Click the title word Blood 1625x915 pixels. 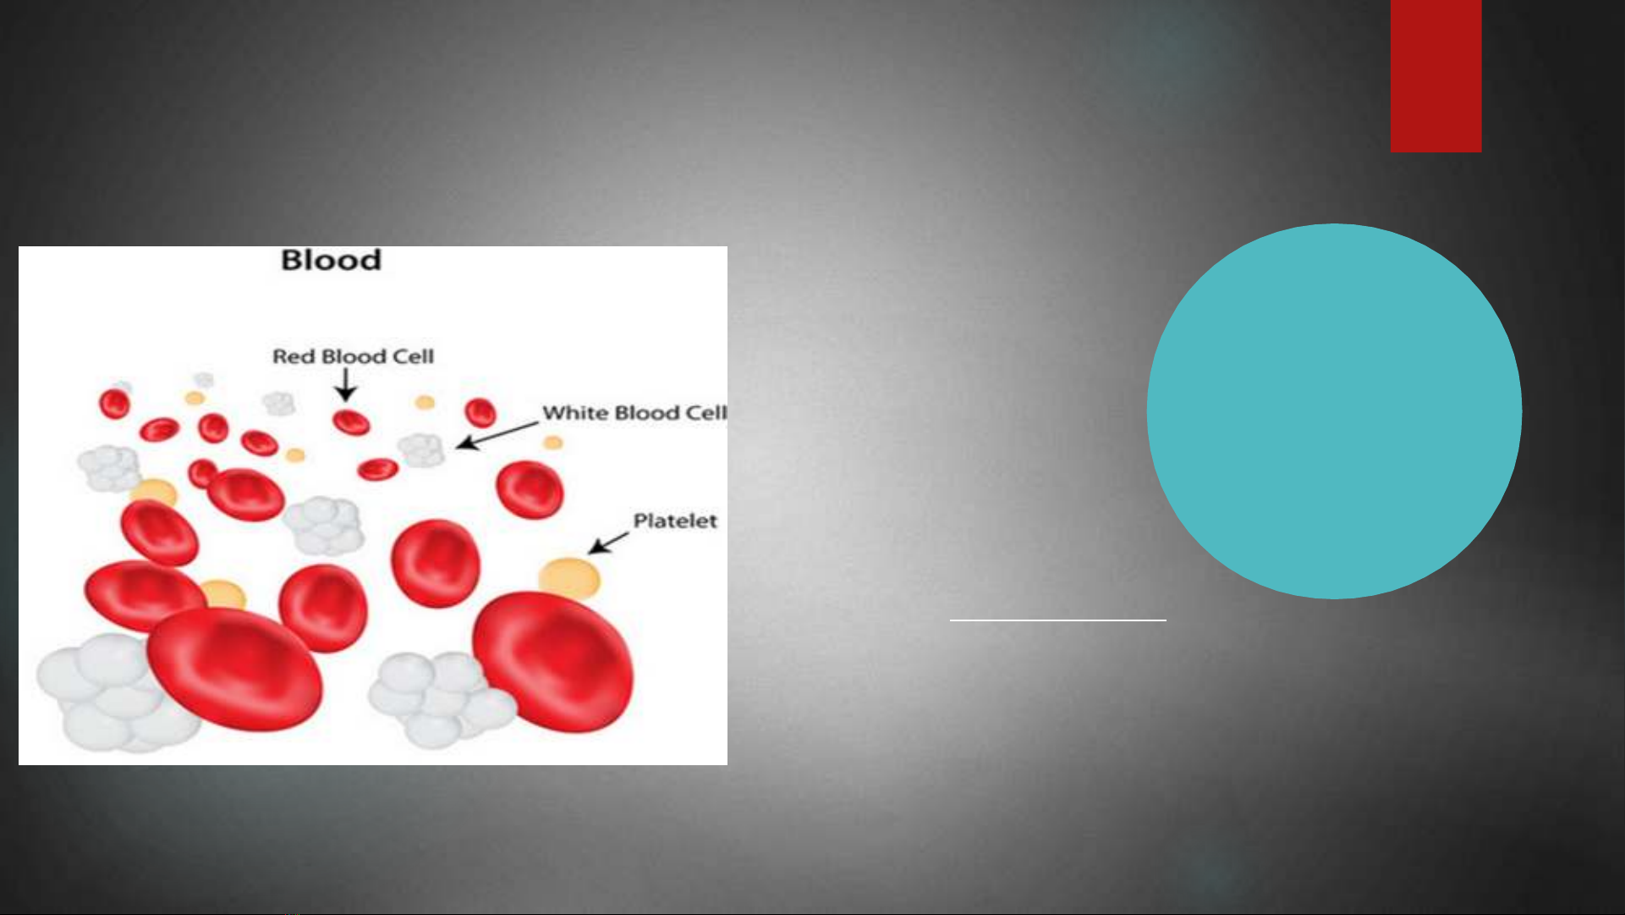[x=331, y=260]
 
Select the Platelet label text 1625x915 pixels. [x=675, y=521]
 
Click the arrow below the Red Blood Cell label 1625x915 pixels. [x=345, y=385]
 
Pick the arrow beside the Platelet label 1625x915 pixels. [x=608, y=543]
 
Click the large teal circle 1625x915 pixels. [x=1334, y=411]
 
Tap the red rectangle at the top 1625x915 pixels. [x=1436, y=76]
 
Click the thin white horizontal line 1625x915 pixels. [x=1057, y=620]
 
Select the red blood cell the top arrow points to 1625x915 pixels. [x=350, y=422]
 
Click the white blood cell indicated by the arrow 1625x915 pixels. [x=421, y=449]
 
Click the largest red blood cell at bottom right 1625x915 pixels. [x=552, y=661]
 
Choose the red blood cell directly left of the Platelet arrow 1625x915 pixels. [x=436, y=563]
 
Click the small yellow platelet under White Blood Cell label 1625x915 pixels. [x=553, y=443]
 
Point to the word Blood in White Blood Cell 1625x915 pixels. [x=647, y=413]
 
